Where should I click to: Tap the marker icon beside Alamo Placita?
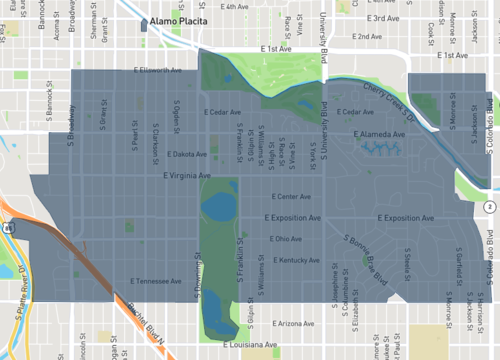coord(145,22)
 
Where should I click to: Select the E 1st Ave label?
coord(277,48)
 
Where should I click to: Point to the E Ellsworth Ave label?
coord(158,70)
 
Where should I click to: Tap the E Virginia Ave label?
coord(187,175)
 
